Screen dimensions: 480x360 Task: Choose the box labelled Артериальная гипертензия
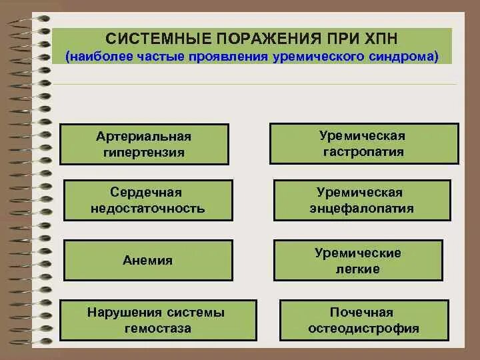pyautogui.click(x=144, y=144)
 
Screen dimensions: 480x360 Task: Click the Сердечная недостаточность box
pyautogui.click(x=148, y=200)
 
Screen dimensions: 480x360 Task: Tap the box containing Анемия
pyautogui.click(x=148, y=261)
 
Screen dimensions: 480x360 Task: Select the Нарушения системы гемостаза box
pyautogui.click(x=157, y=320)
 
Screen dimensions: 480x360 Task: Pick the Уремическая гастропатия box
pyautogui.click(x=364, y=143)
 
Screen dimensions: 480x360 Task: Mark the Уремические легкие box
pyautogui.click(x=358, y=261)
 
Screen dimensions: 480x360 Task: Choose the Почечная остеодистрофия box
pyautogui.click(x=364, y=320)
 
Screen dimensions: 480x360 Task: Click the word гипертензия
pyautogui.click(x=144, y=153)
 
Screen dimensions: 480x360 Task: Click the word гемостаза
pyautogui.click(x=157, y=329)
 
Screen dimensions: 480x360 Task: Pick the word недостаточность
pyautogui.click(x=148, y=209)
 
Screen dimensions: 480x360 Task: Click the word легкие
pyautogui.click(x=358, y=269)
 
